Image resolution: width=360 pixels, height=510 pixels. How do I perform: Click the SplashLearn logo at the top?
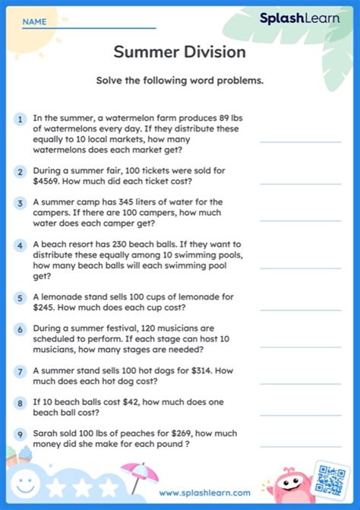[x=299, y=18]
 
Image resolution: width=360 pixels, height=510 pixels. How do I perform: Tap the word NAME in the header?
[x=33, y=22]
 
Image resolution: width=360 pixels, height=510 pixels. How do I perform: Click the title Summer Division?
[x=179, y=52]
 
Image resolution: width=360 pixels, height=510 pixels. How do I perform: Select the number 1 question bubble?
[x=20, y=119]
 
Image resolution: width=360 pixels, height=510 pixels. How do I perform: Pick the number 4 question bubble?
[x=20, y=246]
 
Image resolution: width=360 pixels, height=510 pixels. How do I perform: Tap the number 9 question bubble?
[x=20, y=435]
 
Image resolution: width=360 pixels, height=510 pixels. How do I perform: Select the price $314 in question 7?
[x=199, y=371]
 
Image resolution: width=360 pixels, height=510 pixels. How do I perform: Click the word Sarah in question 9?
[x=46, y=434]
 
